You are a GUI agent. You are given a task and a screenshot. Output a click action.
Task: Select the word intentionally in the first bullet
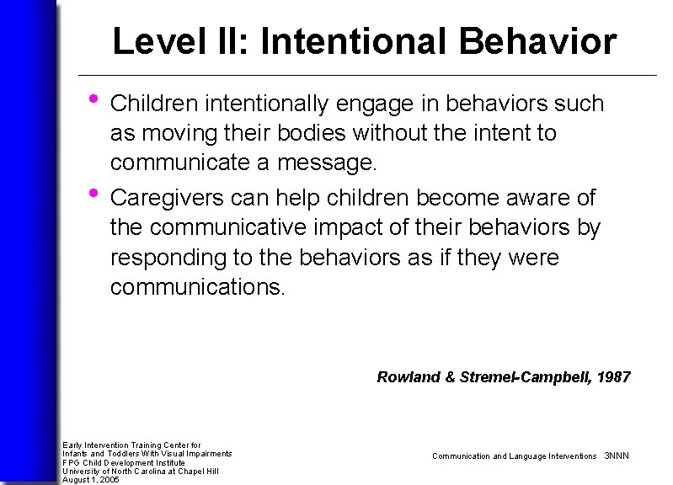[270, 104]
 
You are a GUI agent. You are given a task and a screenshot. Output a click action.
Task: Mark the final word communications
[198, 287]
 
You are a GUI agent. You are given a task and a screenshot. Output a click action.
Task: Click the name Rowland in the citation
[409, 377]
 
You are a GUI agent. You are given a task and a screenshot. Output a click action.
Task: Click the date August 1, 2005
[91, 480]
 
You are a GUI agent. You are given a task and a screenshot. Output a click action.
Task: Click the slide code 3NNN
[617, 456]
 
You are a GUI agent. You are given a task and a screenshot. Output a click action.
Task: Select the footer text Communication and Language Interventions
[514, 456]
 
